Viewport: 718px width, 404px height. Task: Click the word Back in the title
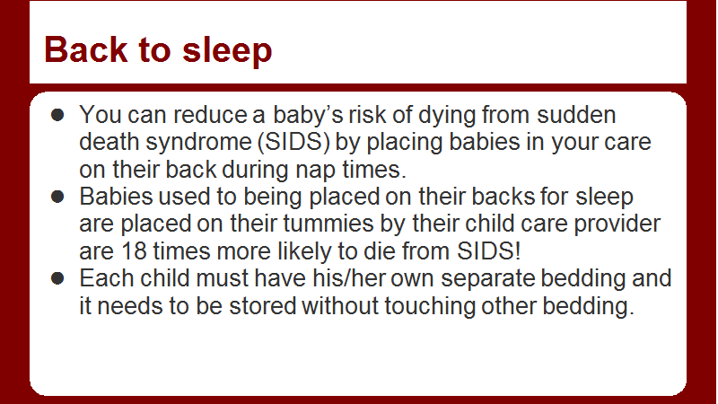point(85,49)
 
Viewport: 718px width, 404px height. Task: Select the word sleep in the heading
point(227,52)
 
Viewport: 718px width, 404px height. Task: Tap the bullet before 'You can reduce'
point(57,115)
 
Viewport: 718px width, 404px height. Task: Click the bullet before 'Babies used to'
point(57,197)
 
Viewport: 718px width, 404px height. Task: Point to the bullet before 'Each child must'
point(57,278)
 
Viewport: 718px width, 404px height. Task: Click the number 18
point(134,251)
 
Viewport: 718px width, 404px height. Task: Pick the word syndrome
point(198,144)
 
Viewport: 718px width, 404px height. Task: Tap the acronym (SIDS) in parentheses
point(293,143)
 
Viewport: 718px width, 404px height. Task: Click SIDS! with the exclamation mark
point(488,251)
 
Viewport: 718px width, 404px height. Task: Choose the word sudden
point(576,115)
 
